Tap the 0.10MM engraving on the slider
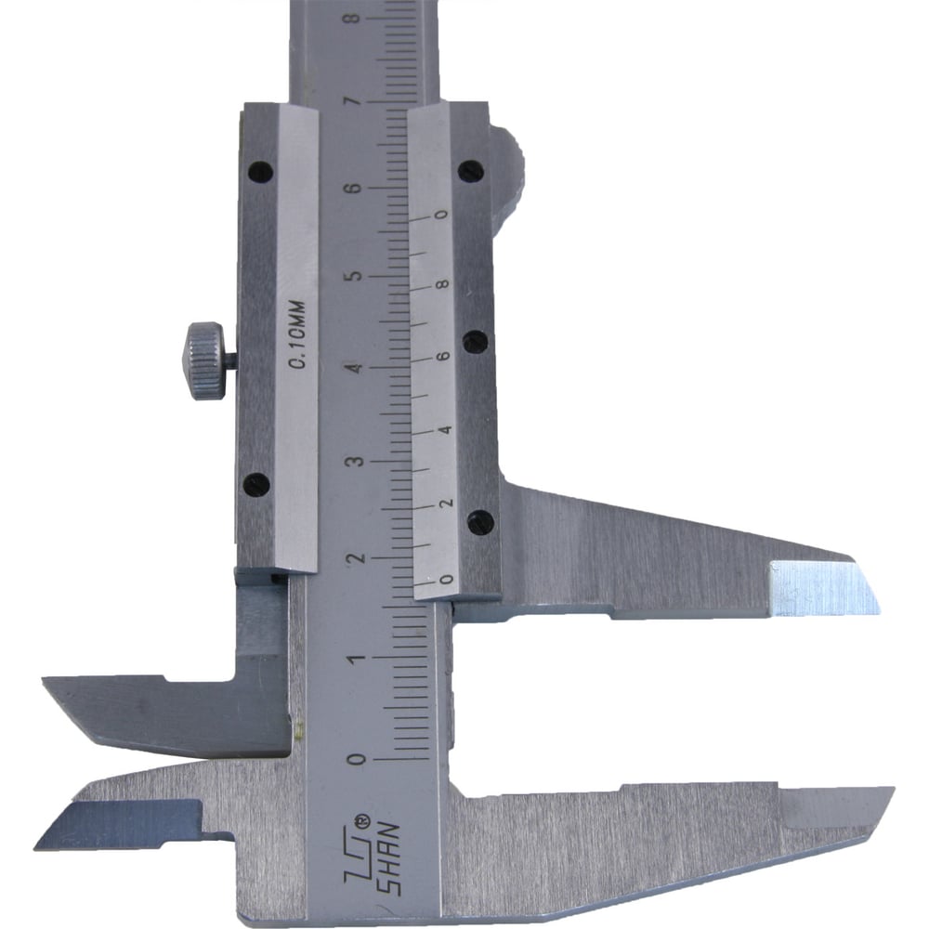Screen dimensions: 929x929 (x=297, y=334)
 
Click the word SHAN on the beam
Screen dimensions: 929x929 (x=388, y=858)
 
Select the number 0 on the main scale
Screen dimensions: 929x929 (x=358, y=760)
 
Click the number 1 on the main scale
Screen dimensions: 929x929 (x=356, y=659)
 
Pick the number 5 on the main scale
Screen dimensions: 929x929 (x=356, y=277)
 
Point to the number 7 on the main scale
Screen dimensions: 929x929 (x=355, y=101)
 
